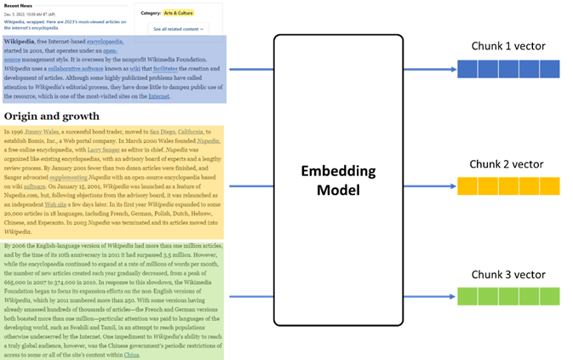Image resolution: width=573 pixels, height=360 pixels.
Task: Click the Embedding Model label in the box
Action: click(338, 179)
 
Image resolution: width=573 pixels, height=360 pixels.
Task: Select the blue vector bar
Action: click(509, 69)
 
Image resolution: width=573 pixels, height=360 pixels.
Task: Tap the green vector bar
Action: click(509, 296)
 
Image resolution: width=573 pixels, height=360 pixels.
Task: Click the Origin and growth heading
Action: click(52, 116)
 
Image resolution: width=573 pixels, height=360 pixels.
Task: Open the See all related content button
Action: click(179, 29)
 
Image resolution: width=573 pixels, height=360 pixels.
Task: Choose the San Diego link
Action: click(162, 133)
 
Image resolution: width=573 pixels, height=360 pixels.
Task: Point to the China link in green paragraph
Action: click(131, 355)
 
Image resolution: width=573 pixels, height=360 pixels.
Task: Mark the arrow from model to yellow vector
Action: click(430, 185)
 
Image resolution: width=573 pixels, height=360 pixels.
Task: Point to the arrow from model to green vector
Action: click(430, 297)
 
